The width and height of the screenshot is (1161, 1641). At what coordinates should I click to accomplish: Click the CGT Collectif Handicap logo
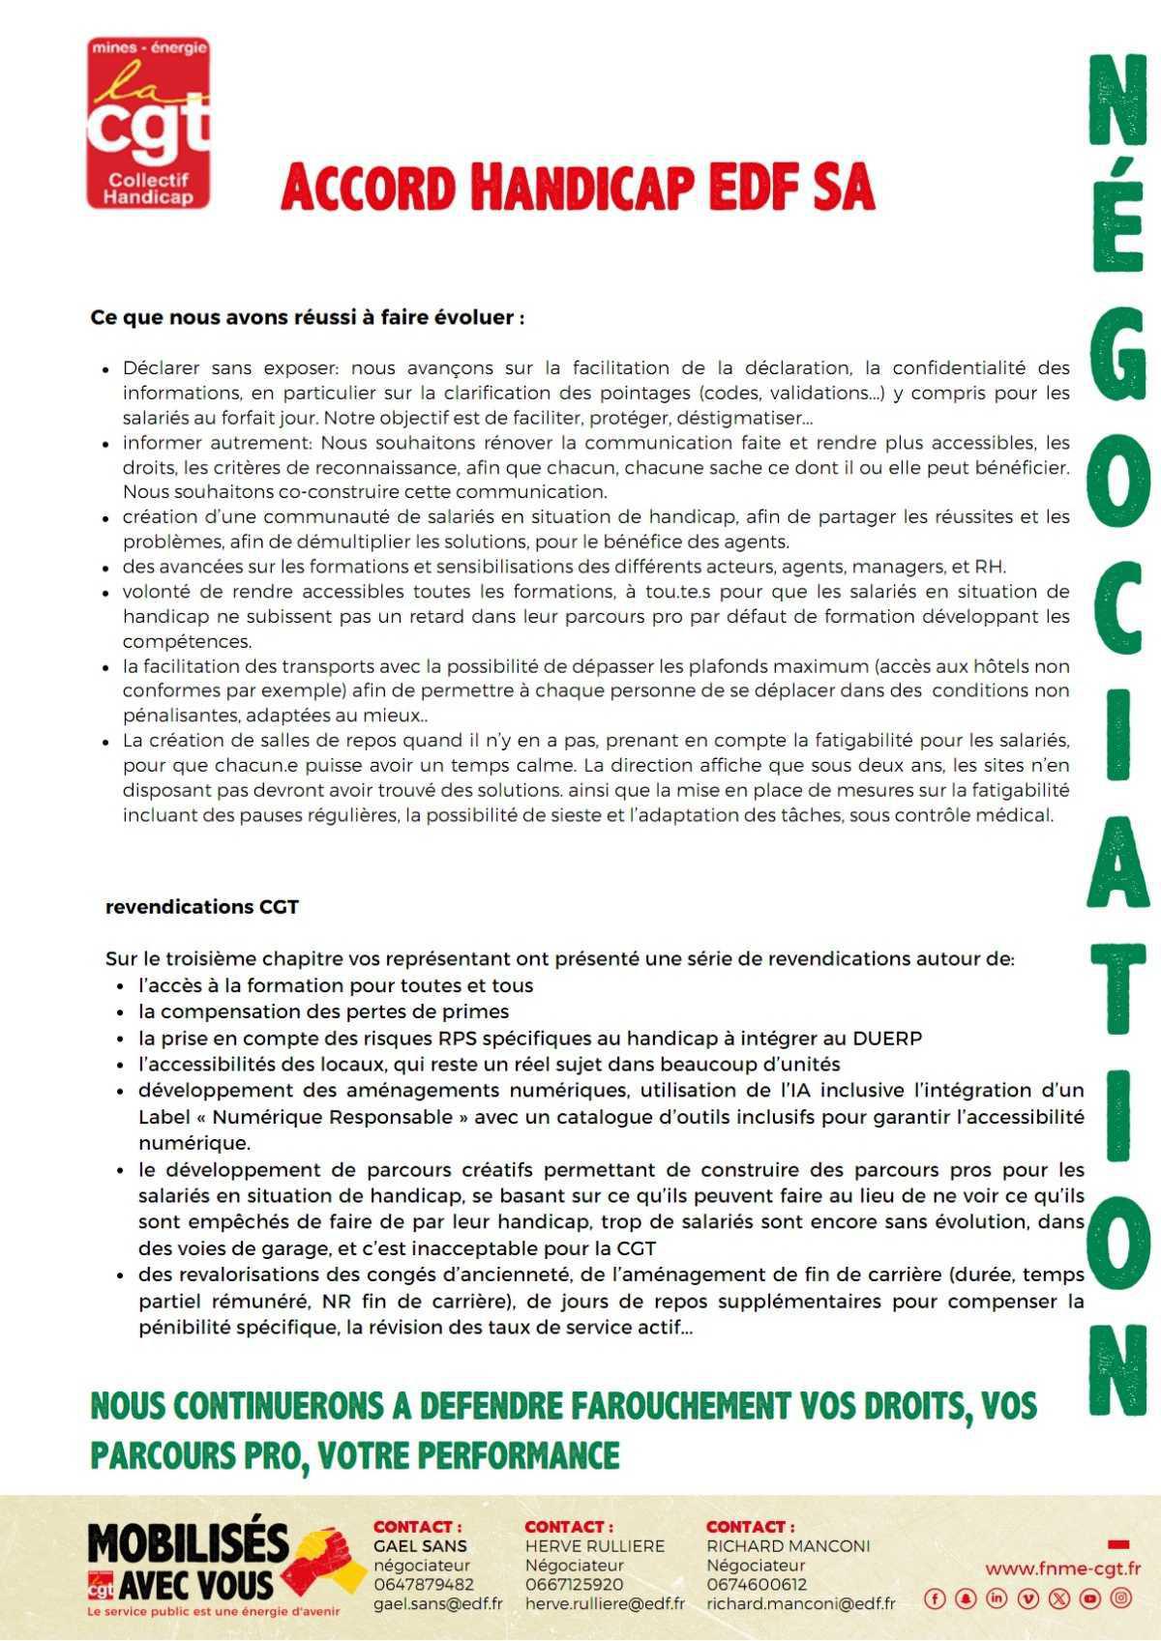[148, 123]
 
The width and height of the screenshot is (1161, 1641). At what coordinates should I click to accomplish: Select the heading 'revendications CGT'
[201, 907]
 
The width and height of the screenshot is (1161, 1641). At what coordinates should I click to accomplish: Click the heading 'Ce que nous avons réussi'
[307, 317]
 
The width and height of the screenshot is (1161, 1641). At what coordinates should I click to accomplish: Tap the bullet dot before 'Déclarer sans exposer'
[105, 369]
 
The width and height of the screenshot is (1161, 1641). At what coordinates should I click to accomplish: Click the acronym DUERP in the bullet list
[886, 1038]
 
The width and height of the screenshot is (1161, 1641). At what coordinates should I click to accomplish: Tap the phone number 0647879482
[423, 1584]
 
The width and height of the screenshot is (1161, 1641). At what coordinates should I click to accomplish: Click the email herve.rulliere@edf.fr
[604, 1603]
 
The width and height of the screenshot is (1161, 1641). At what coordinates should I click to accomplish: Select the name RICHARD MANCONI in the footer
[788, 1545]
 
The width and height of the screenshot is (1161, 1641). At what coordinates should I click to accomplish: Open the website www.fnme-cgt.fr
[1062, 1568]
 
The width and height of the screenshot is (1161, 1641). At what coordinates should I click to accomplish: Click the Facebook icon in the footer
[935, 1598]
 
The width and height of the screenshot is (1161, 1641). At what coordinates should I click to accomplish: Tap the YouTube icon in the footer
[1090, 1598]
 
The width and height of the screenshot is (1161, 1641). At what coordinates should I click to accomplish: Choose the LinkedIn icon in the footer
[997, 1598]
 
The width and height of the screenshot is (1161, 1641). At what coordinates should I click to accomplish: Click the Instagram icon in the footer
[1121, 1598]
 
